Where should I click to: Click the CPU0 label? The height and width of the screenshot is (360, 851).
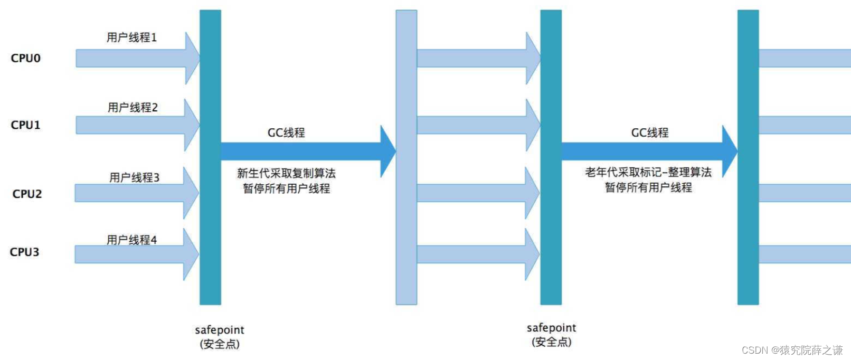click(25, 58)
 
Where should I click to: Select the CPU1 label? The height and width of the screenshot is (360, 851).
click(25, 125)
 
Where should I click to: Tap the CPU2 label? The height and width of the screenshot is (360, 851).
click(27, 194)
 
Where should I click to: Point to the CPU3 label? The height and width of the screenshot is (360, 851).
click(24, 252)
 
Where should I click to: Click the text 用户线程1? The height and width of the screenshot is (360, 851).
click(131, 37)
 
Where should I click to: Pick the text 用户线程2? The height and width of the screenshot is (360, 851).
click(133, 108)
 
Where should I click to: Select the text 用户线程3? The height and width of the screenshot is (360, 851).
click(134, 177)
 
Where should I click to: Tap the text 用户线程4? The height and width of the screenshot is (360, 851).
click(131, 240)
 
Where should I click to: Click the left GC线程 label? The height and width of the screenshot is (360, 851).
click(286, 132)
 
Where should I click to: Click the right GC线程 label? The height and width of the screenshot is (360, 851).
click(649, 132)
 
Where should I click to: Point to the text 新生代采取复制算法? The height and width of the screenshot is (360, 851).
click(286, 173)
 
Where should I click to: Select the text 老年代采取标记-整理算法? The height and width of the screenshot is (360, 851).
click(648, 172)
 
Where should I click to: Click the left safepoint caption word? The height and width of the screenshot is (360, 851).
click(220, 330)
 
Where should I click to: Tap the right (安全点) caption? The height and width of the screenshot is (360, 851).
click(551, 342)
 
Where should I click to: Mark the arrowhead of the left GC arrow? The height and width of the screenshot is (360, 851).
click(387, 151)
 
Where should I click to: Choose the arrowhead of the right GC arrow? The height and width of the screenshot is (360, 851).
click(729, 151)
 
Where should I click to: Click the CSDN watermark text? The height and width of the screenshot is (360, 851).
click(792, 350)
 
